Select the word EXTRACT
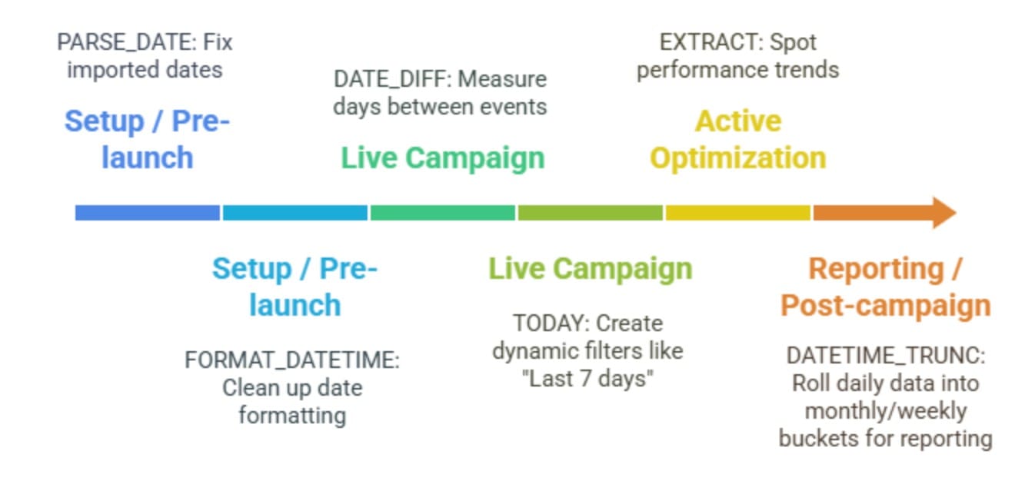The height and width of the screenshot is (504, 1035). point(711,42)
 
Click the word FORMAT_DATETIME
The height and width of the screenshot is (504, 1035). point(292,360)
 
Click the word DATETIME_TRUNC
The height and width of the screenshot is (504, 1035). point(886,356)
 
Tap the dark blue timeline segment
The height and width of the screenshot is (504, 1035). point(148,213)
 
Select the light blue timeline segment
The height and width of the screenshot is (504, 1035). point(295,213)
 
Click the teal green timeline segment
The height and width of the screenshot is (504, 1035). point(443,213)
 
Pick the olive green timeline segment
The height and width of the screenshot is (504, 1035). point(590,213)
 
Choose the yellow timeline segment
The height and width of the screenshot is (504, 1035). point(738,213)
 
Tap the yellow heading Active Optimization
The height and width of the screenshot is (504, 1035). point(738,139)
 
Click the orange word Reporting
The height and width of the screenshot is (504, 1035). point(876,269)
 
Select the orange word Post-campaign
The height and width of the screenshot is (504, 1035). point(886,306)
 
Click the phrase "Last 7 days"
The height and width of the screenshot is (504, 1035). point(587,379)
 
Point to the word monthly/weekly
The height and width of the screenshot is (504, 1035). point(886,411)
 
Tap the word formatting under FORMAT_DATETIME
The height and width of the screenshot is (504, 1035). point(292,416)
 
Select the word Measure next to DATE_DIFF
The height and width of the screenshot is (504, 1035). point(502,79)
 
